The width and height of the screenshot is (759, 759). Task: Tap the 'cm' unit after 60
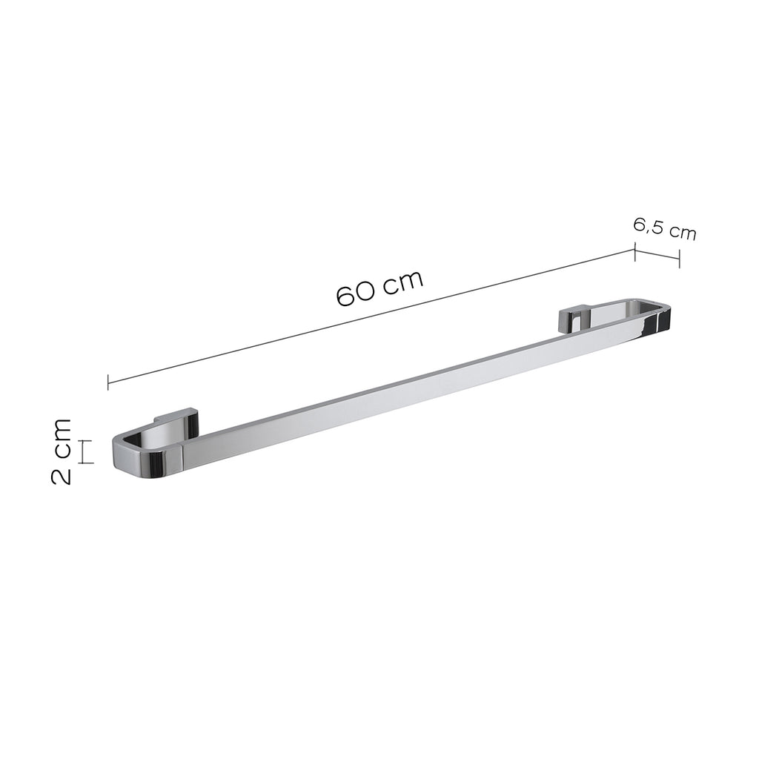coord(403,281)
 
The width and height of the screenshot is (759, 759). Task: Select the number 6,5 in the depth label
coord(648,226)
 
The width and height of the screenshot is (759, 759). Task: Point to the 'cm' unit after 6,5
coord(683,232)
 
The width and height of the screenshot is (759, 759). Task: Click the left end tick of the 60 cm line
coord(108,382)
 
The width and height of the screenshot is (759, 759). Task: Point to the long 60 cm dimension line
coord(371,316)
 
